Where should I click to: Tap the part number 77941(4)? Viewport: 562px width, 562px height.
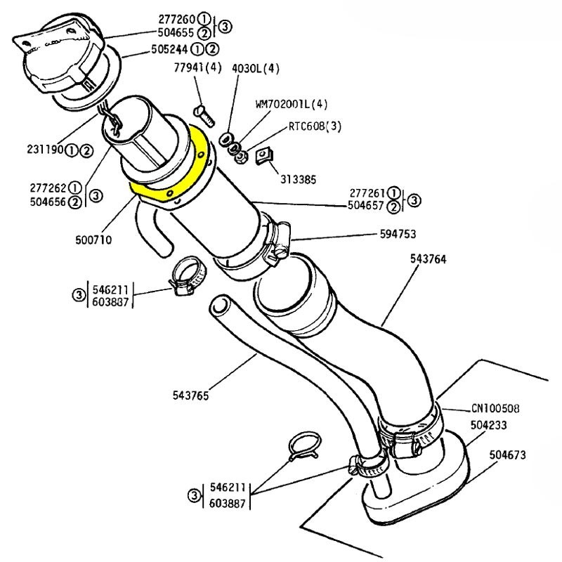tap(198, 68)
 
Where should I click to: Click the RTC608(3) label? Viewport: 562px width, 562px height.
tap(315, 128)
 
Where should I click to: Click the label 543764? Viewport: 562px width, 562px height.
tap(428, 259)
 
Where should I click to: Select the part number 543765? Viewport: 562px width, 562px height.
tap(190, 394)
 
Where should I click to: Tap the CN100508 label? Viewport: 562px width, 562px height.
tap(497, 409)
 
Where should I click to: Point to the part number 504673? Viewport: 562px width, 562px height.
tap(508, 455)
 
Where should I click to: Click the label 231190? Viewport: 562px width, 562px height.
tap(46, 150)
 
